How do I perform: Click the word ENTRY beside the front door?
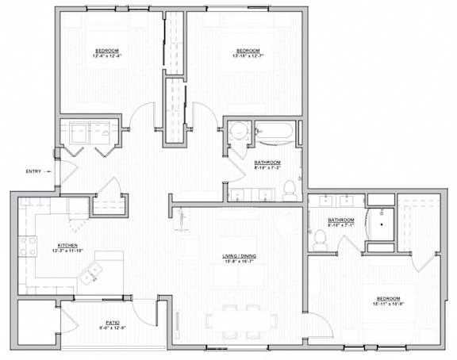(x=33, y=171)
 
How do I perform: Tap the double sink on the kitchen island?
(x=90, y=274)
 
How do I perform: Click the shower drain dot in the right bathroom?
(x=382, y=224)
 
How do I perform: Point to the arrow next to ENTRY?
(x=51, y=171)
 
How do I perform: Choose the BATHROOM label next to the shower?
(x=340, y=220)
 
